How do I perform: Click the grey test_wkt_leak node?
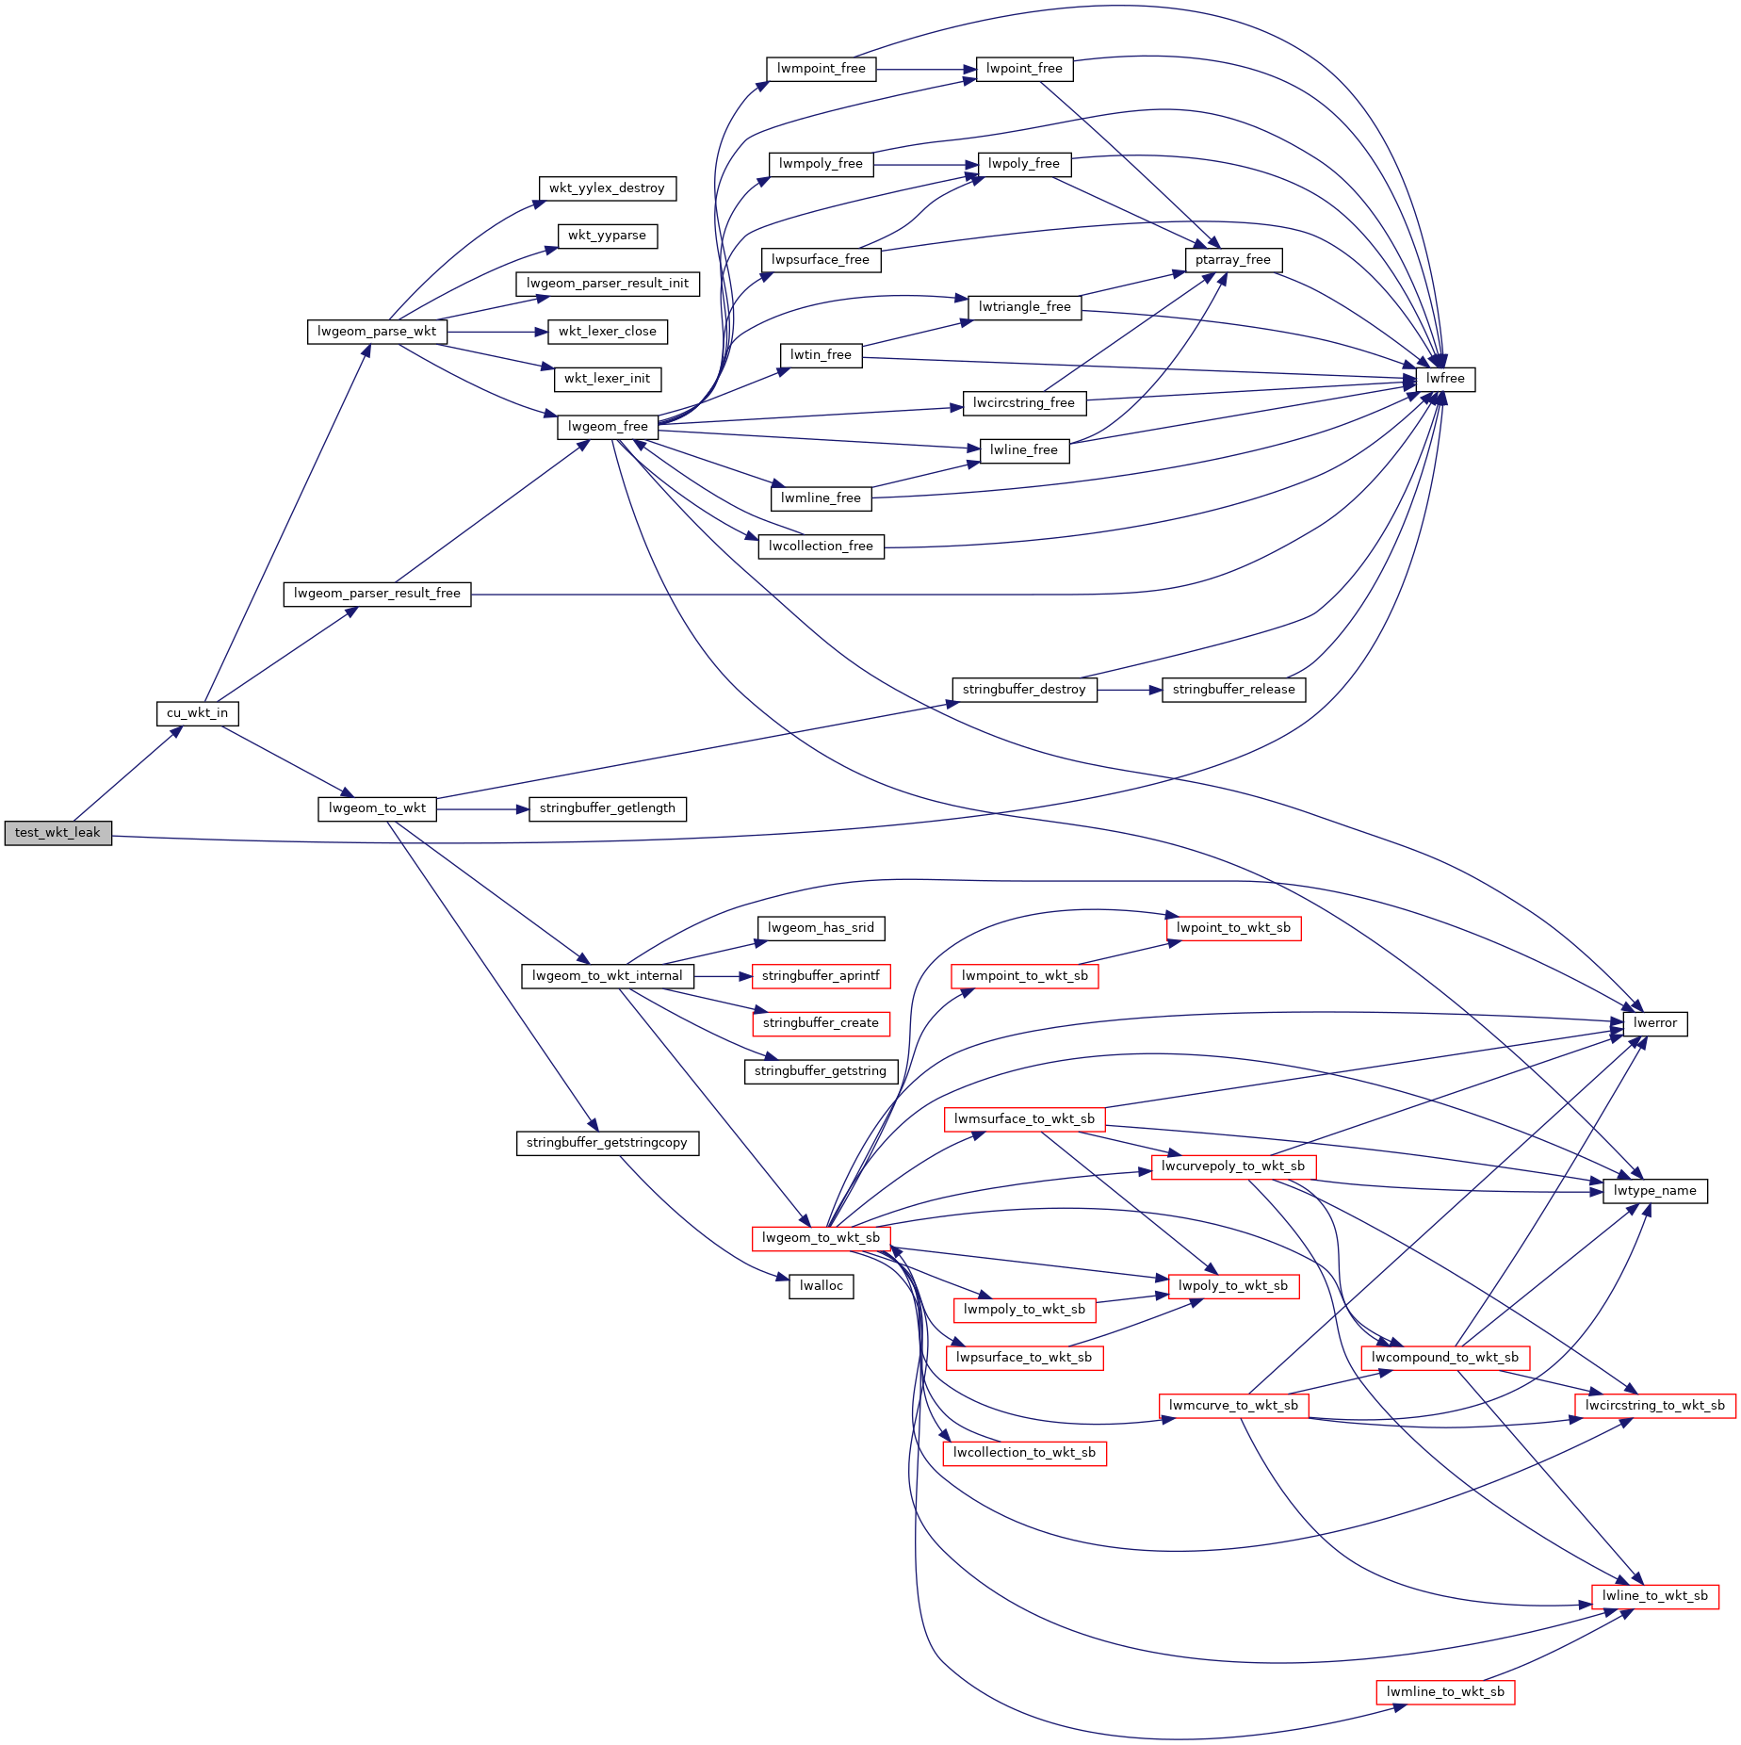coord(57,833)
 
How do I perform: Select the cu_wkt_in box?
coord(197,713)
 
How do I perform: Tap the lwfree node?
coord(1445,379)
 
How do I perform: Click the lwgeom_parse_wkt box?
coord(377,332)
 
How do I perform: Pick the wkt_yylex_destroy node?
coord(607,188)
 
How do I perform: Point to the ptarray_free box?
coord(1232,260)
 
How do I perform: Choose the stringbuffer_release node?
coord(1233,690)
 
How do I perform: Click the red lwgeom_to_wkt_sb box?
coord(821,1238)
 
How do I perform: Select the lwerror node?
coord(1654,1023)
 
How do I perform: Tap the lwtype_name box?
coord(1654,1191)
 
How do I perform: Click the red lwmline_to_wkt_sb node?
coord(1445,1692)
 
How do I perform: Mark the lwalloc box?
coord(821,1286)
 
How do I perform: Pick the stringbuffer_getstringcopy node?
coord(607,1143)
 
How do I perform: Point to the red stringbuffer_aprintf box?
coord(821,976)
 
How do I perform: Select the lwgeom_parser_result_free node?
coord(377,594)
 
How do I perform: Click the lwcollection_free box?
coord(821,546)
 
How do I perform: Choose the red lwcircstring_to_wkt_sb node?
coord(1654,1406)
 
